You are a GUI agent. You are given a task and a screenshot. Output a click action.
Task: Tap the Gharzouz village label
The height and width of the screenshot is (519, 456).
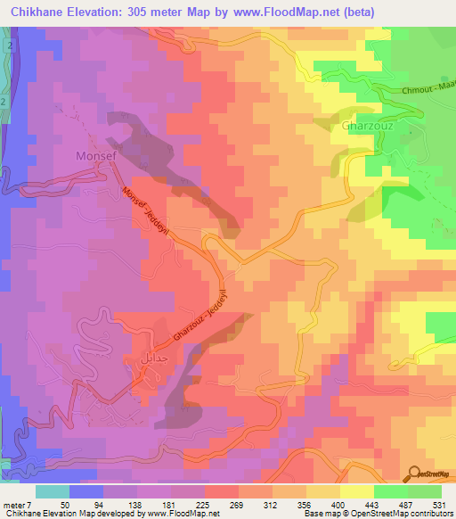(x=368, y=126)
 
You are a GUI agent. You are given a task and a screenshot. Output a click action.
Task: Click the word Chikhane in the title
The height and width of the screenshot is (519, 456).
(x=42, y=12)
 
